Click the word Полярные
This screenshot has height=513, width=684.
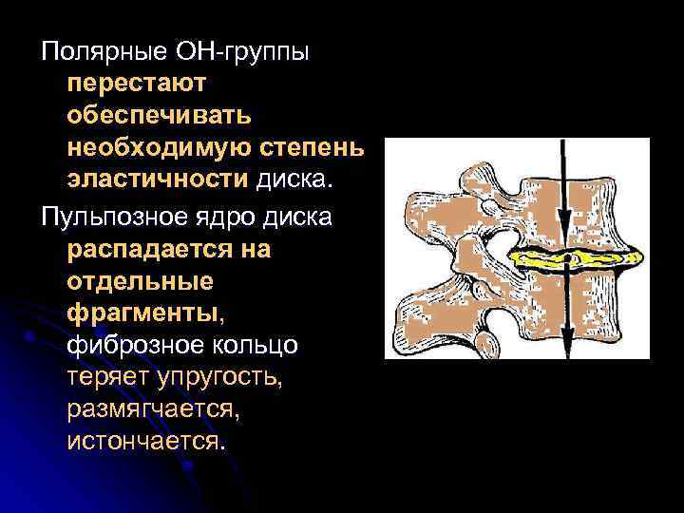pyautogui.click(x=93, y=49)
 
